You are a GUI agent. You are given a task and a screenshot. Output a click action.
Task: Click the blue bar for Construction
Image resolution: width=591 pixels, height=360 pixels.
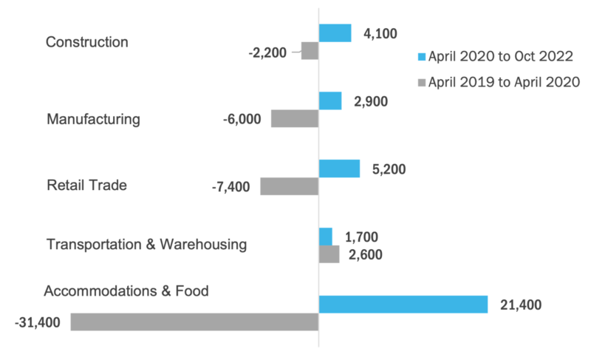[x=335, y=33]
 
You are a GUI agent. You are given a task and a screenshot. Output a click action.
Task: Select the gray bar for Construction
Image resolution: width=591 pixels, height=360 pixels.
[x=310, y=51]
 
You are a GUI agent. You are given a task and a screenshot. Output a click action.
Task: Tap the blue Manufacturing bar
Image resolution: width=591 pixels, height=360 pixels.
[x=329, y=101]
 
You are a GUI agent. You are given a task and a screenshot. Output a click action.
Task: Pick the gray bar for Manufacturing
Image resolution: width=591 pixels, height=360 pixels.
[x=295, y=118]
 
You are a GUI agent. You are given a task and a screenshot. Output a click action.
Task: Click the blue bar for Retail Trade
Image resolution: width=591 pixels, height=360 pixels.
[x=339, y=169]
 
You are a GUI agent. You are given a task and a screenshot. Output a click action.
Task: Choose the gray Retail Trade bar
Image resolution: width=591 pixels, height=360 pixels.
[x=289, y=186]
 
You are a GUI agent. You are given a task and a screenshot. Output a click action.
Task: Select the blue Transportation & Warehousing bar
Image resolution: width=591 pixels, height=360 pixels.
[x=325, y=237]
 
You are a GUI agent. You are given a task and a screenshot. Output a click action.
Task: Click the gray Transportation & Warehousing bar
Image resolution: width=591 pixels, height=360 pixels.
[x=329, y=254]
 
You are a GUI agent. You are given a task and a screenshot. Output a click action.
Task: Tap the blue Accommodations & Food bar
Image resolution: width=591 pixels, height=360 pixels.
[x=403, y=304]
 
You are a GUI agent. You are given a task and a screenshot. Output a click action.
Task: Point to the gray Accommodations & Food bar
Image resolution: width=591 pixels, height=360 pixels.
[x=194, y=322]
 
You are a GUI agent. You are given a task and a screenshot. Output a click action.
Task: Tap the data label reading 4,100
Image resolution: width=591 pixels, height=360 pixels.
[x=379, y=33]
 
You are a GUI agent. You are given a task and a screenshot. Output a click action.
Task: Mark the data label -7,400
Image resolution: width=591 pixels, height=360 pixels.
[x=230, y=187]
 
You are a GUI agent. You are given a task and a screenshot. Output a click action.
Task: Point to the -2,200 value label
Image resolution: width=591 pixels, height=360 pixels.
[x=271, y=52]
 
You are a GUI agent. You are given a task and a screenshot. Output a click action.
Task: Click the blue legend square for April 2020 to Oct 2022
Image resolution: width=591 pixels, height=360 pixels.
[x=423, y=56]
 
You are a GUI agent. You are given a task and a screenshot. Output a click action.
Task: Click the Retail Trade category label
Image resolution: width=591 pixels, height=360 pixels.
[x=86, y=186]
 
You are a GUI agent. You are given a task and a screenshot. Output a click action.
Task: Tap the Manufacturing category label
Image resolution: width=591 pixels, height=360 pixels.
[x=93, y=119]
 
